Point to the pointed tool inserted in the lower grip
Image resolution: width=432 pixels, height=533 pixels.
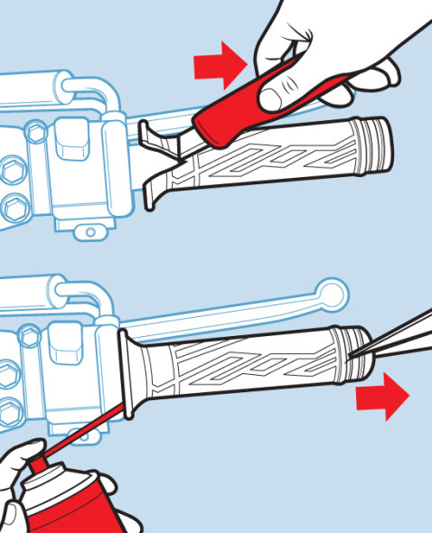[x=398, y=330]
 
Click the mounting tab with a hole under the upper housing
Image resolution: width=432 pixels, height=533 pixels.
[x=89, y=233]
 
